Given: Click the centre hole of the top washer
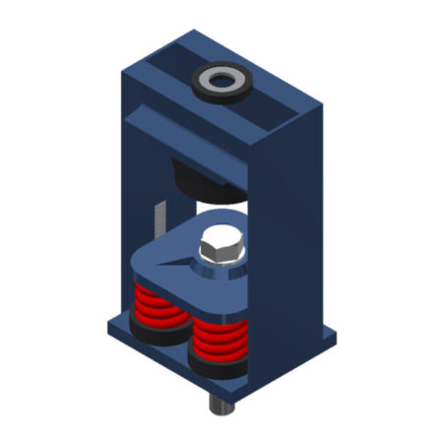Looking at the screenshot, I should click(x=219, y=79).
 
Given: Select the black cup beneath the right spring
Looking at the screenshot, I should click(x=215, y=367).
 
